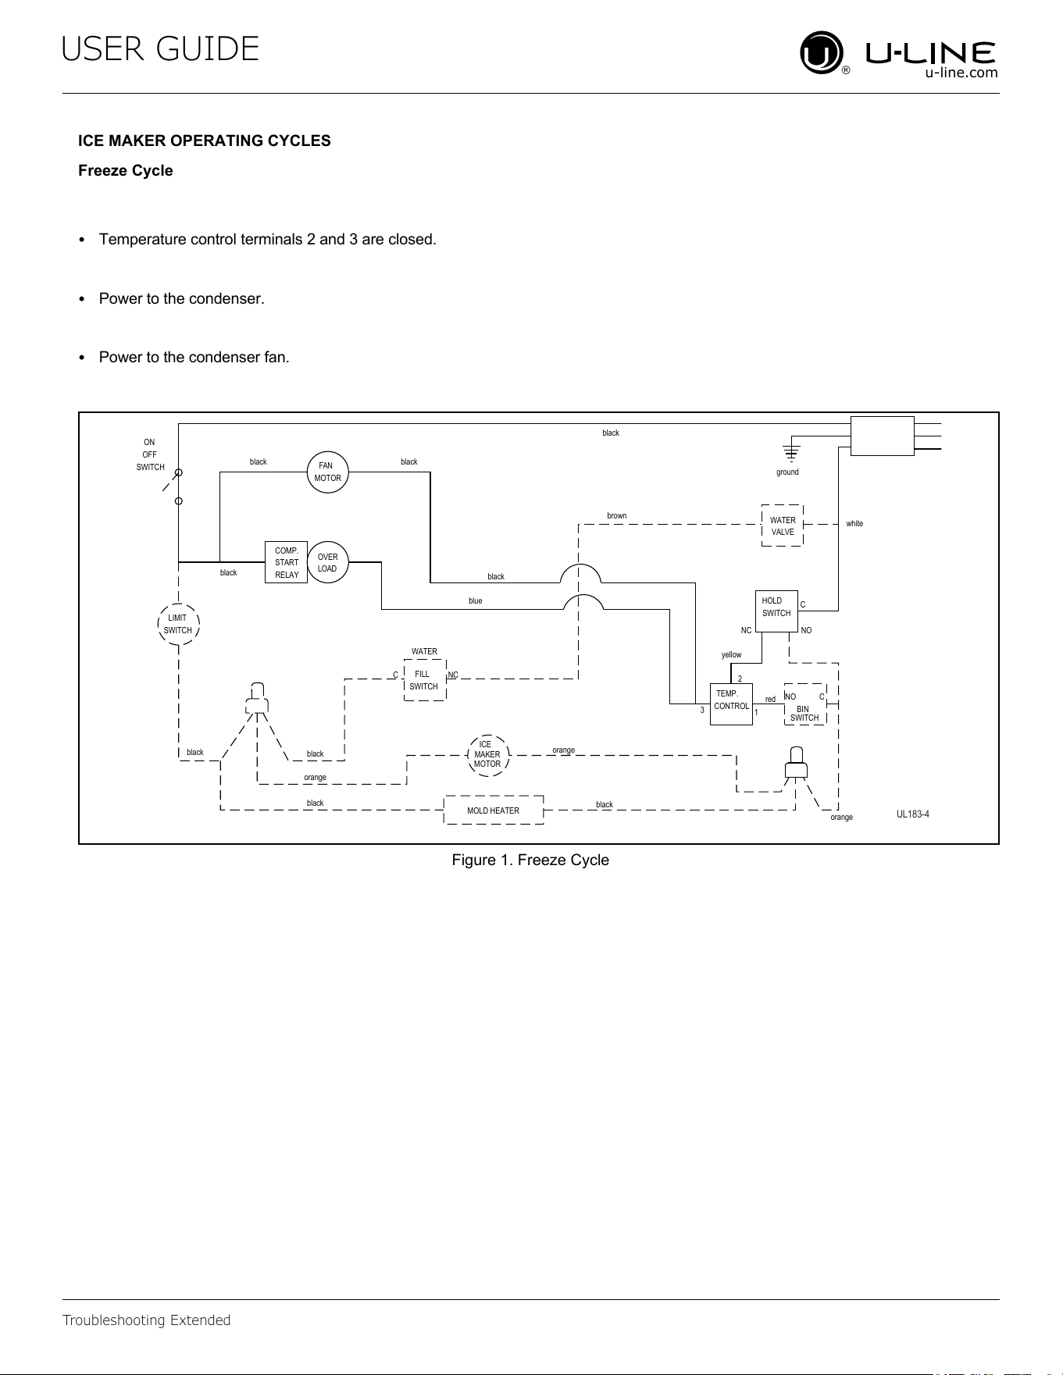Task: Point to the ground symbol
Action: tap(791, 451)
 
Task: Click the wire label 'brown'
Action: tap(617, 516)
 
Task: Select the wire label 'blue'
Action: tap(476, 601)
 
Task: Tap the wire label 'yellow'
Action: tap(732, 655)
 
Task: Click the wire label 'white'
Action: tap(854, 524)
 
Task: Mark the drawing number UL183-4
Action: tap(913, 814)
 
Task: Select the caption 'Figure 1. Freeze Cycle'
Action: tap(530, 860)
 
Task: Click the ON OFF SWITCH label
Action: tap(150, 454)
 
